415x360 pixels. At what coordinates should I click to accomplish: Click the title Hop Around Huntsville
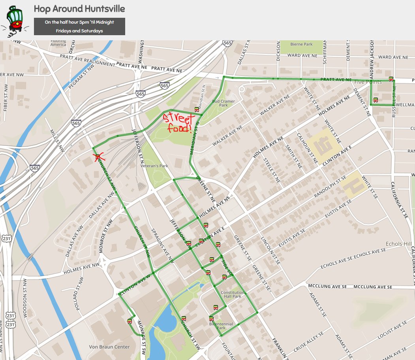79,9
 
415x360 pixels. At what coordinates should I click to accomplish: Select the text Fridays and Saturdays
79,31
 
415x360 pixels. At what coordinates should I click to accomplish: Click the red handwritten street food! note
179,123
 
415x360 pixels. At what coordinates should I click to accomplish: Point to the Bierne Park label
301,44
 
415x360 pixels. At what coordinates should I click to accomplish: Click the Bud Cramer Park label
223,103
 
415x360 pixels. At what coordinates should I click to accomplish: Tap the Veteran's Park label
154,166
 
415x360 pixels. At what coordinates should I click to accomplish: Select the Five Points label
368,82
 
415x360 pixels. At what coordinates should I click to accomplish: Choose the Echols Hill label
398,243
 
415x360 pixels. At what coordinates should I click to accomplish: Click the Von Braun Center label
110,347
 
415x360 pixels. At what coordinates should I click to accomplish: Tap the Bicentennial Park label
221,326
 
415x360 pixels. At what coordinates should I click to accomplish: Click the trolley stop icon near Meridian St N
196,110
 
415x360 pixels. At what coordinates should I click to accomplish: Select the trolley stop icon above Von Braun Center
130,321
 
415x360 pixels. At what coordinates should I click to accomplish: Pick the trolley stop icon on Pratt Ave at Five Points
391,78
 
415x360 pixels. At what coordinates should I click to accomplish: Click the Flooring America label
58,43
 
